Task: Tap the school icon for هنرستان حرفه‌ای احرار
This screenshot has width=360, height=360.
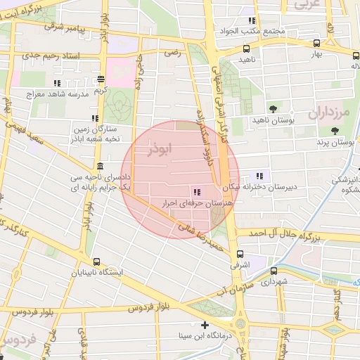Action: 196,191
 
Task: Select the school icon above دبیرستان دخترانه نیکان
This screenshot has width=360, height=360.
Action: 260,176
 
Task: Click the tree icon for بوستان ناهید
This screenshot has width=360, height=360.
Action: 273,108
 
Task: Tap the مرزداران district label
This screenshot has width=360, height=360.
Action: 328,111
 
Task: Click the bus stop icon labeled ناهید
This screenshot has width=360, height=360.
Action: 246,49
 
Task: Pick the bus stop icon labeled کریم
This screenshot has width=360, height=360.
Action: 101,79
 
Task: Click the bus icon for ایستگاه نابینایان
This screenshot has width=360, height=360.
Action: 96,262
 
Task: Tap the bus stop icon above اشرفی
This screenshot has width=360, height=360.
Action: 240,255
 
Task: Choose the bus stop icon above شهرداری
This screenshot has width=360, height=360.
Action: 274,271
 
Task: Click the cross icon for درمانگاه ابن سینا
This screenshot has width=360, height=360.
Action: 205,325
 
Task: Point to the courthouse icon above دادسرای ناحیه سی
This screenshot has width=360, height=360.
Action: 100,167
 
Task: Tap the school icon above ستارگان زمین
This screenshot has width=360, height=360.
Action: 95,118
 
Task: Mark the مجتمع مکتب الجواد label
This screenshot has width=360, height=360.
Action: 261,31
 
